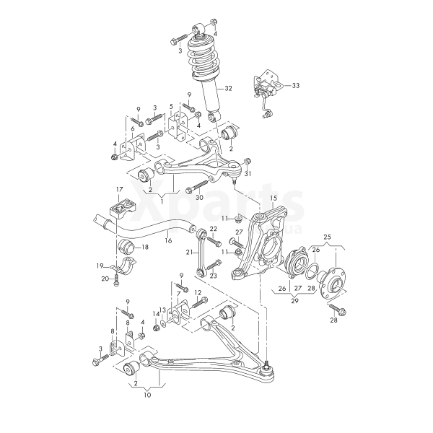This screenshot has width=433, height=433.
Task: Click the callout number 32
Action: tap(229, 89)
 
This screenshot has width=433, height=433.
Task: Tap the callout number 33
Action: tap(295, 86)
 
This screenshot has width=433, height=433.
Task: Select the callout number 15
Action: tap(274, 197)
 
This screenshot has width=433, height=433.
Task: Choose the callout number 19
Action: tap(100, 266)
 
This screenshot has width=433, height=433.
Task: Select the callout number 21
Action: tap(189, 253)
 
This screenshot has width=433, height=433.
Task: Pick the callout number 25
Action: tap(327, 236)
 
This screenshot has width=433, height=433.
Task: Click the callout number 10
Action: tap(147, 395)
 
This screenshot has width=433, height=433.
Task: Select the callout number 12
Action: tap(197, 292)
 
